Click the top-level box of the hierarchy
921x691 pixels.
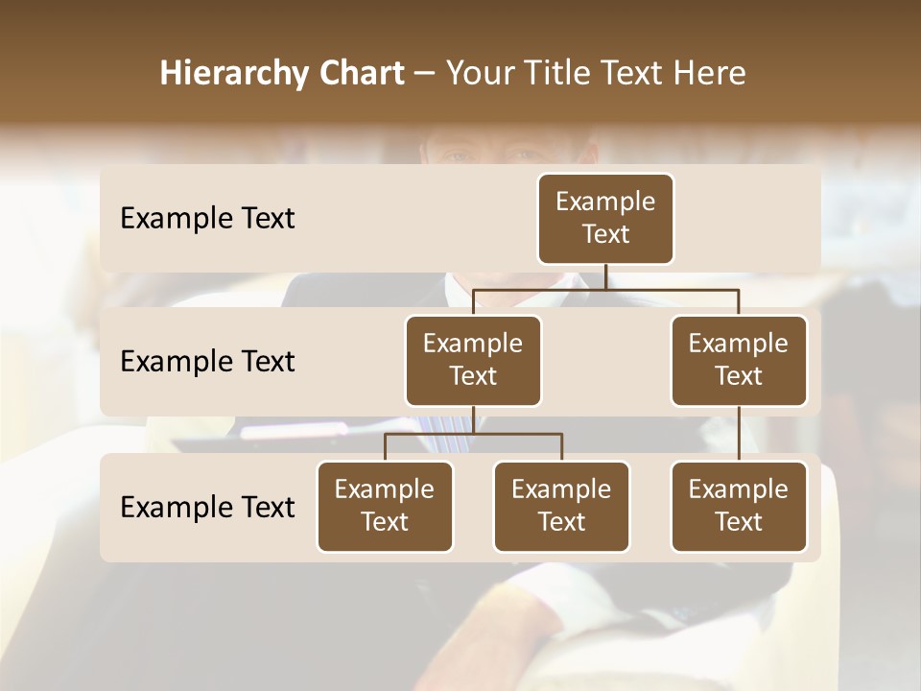pos(605,218)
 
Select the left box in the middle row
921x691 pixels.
pos(473,360)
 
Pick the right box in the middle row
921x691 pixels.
pos(739,360)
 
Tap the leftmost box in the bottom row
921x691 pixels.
pos(385,506)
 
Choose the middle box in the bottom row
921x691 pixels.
pos(561,506)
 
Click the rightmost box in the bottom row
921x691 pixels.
pos(739,506)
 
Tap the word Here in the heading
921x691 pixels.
pos(710,74)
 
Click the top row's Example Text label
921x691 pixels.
pos(207,219)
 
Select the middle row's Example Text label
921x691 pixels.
pos(207,361)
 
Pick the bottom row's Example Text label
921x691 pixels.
pos(207,507)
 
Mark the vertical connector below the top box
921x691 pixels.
pos(605,276)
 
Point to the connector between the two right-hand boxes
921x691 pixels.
pos(739,434)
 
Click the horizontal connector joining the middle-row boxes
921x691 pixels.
pos(605,289)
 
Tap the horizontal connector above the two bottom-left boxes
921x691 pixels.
pos(473,434)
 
